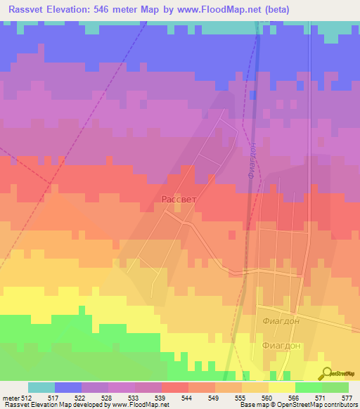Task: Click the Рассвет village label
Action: [x=179, y=199]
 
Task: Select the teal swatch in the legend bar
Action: [x=41, y=387]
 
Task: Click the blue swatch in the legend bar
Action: [x=68, y=387]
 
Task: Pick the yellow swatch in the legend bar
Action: [x=281, y=387]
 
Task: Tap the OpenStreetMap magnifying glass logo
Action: [x=326, y=373]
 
